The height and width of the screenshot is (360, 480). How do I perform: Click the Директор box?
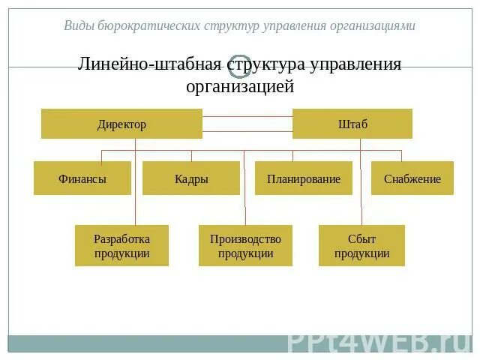point(121,124)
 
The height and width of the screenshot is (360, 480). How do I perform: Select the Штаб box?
point(352,124)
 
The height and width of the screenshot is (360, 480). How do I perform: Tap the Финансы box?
point(82,178)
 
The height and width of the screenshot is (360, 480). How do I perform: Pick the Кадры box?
point(191,178)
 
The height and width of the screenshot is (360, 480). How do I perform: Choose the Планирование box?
point(304,178)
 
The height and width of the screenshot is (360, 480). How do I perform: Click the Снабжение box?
point(412,178)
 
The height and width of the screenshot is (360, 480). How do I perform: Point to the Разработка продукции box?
point(121,245)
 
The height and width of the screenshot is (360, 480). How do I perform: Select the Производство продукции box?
point(245,245)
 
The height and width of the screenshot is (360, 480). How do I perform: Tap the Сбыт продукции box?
point(361,245)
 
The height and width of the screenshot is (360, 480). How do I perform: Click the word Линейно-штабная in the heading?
point(149,64)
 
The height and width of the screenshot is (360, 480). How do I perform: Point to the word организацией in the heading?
point(240,87)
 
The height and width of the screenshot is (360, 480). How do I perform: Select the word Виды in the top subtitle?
point(79,25)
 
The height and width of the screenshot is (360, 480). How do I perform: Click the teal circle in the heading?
point(240,66)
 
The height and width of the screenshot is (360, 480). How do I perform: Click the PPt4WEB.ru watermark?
point(378,342)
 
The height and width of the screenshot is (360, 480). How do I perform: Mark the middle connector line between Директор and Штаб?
point(247,124)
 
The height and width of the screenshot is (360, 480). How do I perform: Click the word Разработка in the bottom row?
point(121,239)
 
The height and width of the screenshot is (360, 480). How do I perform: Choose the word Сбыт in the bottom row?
point(361,239)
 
